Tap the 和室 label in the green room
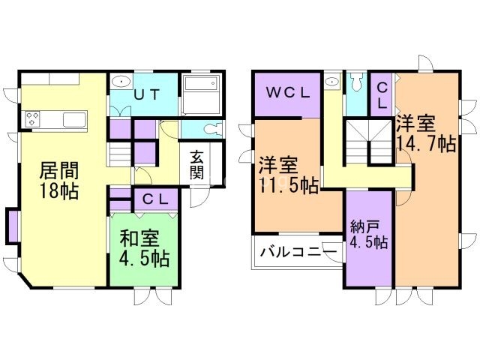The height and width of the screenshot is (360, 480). point(139,239)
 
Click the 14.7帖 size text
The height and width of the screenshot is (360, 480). point(427,143)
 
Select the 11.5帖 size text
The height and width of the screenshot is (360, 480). point(289,184)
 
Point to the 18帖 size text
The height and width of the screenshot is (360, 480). point(59,190)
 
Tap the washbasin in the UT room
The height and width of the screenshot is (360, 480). point(121,82)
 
